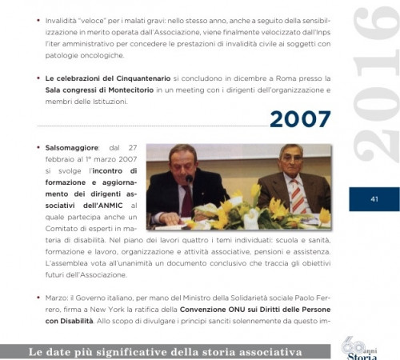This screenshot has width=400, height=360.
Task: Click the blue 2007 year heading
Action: coord(300,120)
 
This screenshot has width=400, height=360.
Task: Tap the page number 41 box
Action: coord(374,198)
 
